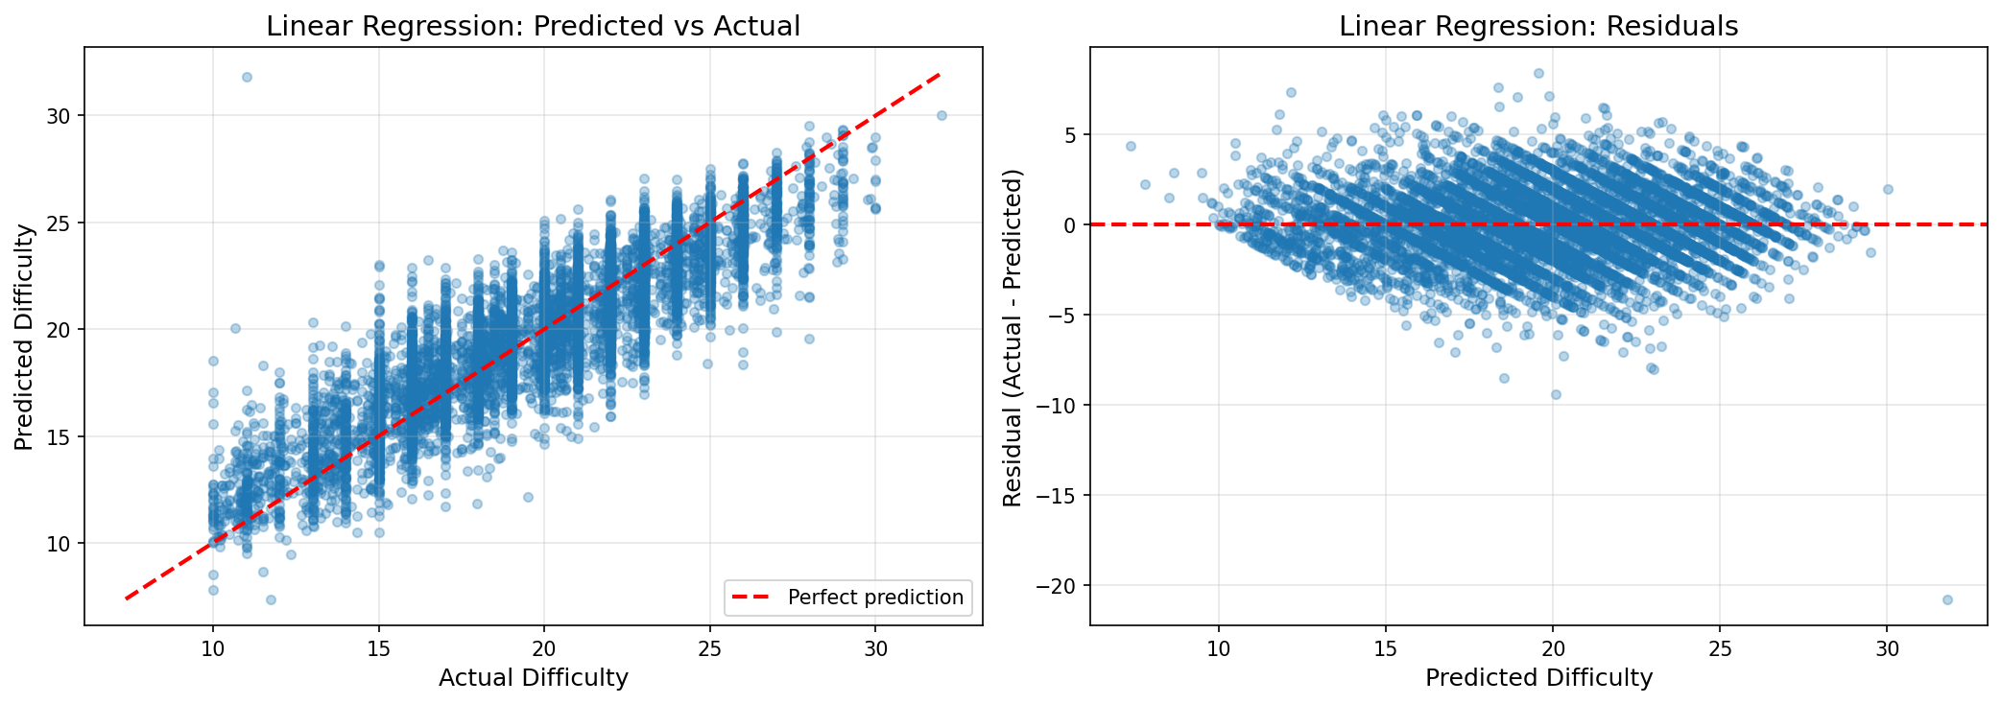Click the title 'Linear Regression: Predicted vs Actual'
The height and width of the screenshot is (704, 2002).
coord(533,26)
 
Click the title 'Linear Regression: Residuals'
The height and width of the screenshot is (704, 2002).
coord(1537,26)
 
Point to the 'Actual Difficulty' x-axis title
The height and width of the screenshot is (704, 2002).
coord(533,678)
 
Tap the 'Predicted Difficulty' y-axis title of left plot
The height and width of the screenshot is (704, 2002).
coord(24,337)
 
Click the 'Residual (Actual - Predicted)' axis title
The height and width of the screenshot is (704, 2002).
coord(1013,337)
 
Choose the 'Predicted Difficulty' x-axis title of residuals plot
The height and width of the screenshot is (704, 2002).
coord(1537,678)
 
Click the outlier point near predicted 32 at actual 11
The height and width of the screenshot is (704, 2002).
coord(247,77)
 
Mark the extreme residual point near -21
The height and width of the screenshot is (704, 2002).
coord(1947,599)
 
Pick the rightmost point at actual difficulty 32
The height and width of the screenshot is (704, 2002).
coord(941,115)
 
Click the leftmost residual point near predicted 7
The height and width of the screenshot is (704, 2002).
coord(1131,146)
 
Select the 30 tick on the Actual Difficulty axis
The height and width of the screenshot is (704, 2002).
coord(875,649)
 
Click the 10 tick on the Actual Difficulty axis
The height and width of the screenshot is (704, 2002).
coord(213,649)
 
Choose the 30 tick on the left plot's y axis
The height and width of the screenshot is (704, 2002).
coord(61,116)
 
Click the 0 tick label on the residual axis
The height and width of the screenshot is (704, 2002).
coord(1072,224)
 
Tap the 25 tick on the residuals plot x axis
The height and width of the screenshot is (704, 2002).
coord(1720,649)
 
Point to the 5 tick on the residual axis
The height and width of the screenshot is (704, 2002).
coord(1072,134)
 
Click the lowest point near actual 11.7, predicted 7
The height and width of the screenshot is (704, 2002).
coord(271,599)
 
